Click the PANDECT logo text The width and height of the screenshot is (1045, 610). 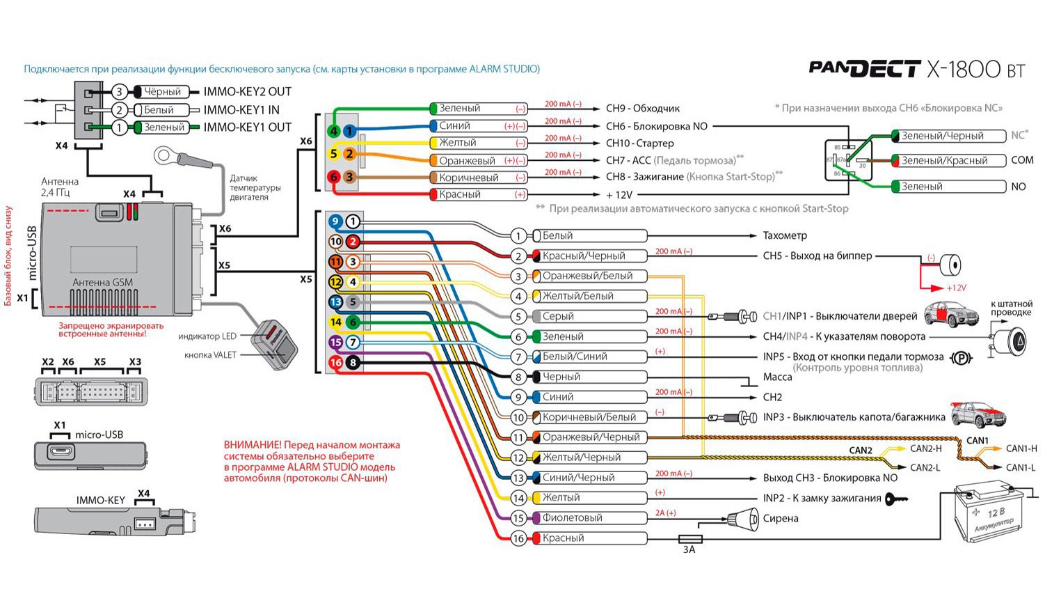coord(864,68)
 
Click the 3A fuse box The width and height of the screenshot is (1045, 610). coord(689,539)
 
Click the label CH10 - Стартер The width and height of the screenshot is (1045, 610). coord(639,143)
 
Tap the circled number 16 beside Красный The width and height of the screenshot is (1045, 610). coord(518,538)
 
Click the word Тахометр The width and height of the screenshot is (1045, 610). coord(784,236)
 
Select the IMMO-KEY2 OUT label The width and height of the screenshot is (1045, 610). coord(247,92)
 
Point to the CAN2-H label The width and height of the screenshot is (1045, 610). coord(925,449)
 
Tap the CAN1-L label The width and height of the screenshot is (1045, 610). coord(1021,468)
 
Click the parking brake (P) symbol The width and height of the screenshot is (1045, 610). coord(961,358)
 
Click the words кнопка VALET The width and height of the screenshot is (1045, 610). coord(210,355)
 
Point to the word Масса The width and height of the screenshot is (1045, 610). coord(777,377)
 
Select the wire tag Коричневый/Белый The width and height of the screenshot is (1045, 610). coord(588,418)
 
